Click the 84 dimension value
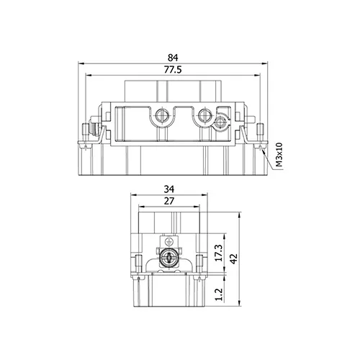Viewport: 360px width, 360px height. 173,58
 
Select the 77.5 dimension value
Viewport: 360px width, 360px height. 173,70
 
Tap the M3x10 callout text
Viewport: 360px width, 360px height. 279,155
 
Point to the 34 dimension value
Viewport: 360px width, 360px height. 169,189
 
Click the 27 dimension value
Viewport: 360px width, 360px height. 169,201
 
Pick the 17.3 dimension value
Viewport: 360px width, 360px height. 219,253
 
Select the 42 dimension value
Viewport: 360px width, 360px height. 233,258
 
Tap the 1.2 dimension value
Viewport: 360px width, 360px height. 219,294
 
